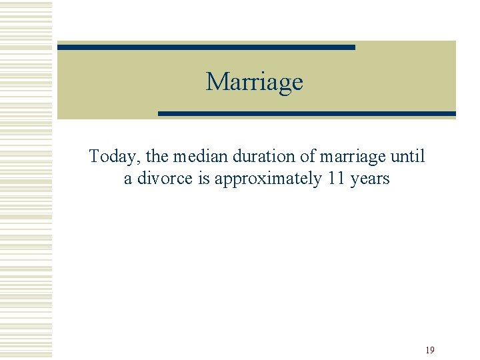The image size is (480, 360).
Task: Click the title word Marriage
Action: [254, 82]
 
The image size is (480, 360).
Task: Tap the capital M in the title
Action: [216, 81]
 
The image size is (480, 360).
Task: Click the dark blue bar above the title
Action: [206, 47]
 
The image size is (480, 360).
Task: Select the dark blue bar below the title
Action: [307, 113]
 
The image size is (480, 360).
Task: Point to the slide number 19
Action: [430, 350]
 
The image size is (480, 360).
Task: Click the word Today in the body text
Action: [113, 157]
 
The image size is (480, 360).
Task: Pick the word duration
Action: [255, 157]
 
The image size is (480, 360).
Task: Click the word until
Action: [407, 157]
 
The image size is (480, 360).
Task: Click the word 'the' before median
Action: [157, 157]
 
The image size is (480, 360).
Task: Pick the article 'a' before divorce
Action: [128, 180]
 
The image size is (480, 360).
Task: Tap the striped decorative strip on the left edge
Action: [26, 180]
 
